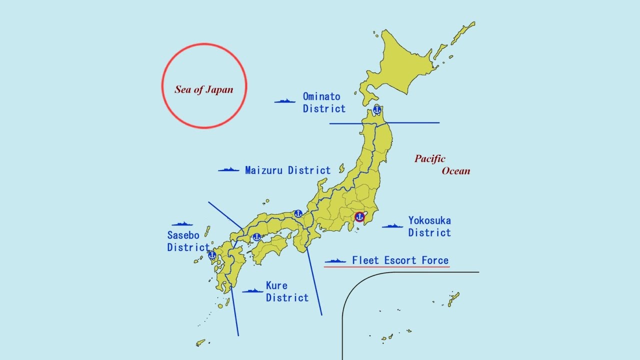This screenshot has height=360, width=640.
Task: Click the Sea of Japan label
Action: pyautogui.click(x=204, y=89)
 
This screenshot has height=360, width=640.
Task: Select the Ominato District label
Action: pyautogui.click(x=324, y=102)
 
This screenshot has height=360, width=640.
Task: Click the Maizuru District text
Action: pyautogui.click(x=287, y=170)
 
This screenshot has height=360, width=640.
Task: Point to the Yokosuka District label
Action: pyautogui.click(x=429, y=226)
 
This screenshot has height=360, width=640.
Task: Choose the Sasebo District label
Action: pyautogui.click(x=188, y=241)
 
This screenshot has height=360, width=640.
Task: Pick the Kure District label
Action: pyautogui.click(x=287, y=291)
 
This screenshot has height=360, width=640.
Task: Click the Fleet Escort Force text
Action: pyautogui.click(x=400, y=260)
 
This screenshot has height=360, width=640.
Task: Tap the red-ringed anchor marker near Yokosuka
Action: pyautogui.click(x=359, y=217)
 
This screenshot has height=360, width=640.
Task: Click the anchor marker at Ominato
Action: pyautogui.click(x=377, y=110)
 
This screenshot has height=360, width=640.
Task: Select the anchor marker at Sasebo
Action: pyautogui.click(x=212, y=255)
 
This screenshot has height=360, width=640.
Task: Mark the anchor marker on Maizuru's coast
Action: pyautogui.click(x=298, y=213)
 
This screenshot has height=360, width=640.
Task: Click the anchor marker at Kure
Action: pyautogui.click(x=256, y=237)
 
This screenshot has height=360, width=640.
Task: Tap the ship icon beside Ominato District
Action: pyautogui.click(x=284, y=101)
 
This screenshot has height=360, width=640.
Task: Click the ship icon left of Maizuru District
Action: pyautogui.click(x=228, y=170)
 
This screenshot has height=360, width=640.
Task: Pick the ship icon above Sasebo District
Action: pyautogui.click(x=182, y=224)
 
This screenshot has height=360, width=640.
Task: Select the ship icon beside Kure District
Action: pyautogui.click(x=252, y=290)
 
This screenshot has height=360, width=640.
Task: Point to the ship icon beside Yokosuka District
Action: pyautogui.click(x=392, y=226)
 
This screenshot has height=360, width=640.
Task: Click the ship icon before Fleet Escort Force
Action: pyautogui.click(x=335, y=261)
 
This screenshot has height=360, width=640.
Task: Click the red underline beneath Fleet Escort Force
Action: pyautogui.click(x=386, y=267)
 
